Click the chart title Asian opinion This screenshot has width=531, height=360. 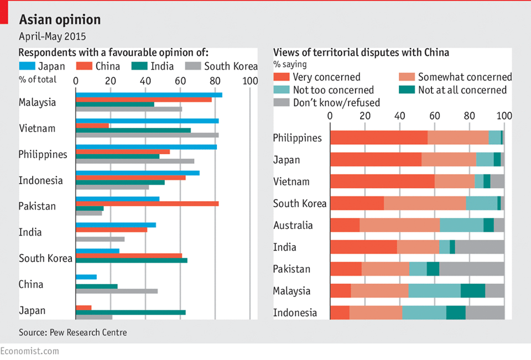[x=60, y=20]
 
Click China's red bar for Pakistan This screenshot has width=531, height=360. [x=147, y=204]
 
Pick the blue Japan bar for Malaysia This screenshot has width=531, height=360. [x=149, y=95]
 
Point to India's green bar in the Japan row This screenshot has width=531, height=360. [x=131, y=312]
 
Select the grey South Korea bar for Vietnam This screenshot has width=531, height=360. [x=147, y=135]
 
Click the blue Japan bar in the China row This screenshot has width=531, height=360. [x=86, y=276]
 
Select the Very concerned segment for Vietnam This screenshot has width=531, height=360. [x=382, y=181]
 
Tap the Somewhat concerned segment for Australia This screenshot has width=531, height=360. [x=399, y=225]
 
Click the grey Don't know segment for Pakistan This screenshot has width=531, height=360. [x=472, y=269]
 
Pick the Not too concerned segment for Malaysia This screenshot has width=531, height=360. [x=434, y=291]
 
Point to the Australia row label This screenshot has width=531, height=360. [x=293, y=225]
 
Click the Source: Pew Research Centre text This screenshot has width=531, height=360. [x=72, y=332]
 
